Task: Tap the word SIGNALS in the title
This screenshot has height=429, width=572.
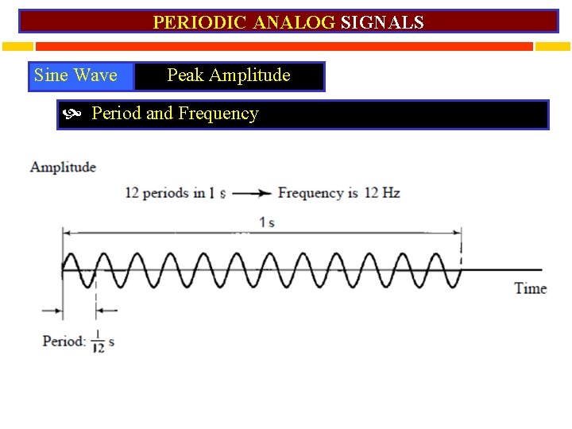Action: click(382, 22)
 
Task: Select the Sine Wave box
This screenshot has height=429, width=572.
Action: click(76, 76)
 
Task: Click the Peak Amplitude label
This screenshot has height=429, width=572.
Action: click(229, 76)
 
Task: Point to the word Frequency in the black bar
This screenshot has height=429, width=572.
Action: click(218, 114)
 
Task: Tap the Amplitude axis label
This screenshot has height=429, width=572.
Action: click(63, 167)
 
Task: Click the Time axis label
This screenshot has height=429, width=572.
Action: click(530, 288)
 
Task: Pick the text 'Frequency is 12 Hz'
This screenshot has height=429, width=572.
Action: click(338, 193)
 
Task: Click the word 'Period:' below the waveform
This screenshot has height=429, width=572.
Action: click(64, 342)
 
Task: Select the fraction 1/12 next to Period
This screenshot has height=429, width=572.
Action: click(98, 342)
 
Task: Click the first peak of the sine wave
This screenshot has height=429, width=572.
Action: click(71, 256)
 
